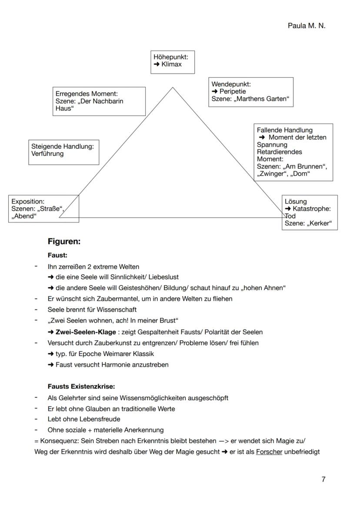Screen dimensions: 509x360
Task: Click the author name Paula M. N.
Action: (x=306, y=26)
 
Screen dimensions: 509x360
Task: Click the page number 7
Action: (x=323, y=479)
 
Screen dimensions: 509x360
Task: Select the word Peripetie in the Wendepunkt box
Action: (x=233, y=92)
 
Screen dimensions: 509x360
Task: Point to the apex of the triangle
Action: (x=173, y=87)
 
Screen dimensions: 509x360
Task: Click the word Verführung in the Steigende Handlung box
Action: (x=47, y=154)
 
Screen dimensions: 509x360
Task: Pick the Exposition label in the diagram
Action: (x=28, y=201)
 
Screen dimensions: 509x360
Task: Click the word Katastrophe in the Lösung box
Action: (x=312, y=209)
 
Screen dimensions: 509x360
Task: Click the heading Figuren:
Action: (x=64, y=242)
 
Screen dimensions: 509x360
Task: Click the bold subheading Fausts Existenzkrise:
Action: (x=81, y=386)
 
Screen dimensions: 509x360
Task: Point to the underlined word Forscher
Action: (x=269, y=452)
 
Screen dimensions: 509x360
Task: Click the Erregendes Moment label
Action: (x=87, y=93)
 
